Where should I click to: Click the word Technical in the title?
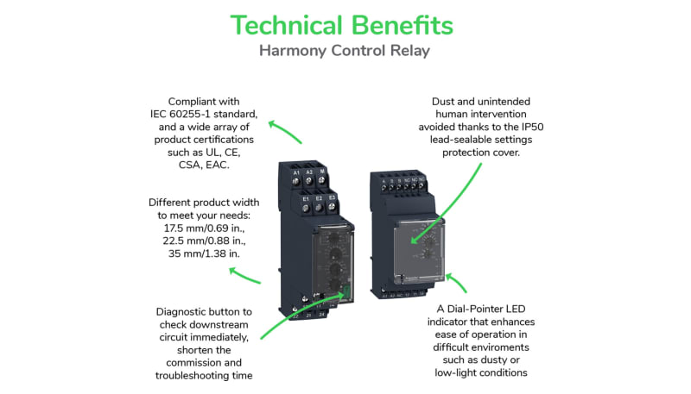[x=287, y=25]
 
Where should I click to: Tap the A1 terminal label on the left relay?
[x=296, y=173]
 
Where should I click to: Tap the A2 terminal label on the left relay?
[x=309, y=173]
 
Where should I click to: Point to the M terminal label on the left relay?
[x=322, y=173]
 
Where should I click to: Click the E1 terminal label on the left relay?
[x=306, y=198]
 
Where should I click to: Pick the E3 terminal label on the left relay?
[x=332, y=198]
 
